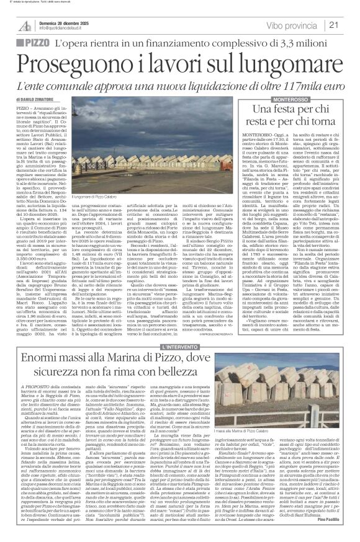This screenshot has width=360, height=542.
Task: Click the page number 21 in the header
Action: coord(350,25)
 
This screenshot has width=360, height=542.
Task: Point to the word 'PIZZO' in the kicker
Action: coord(35,44)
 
